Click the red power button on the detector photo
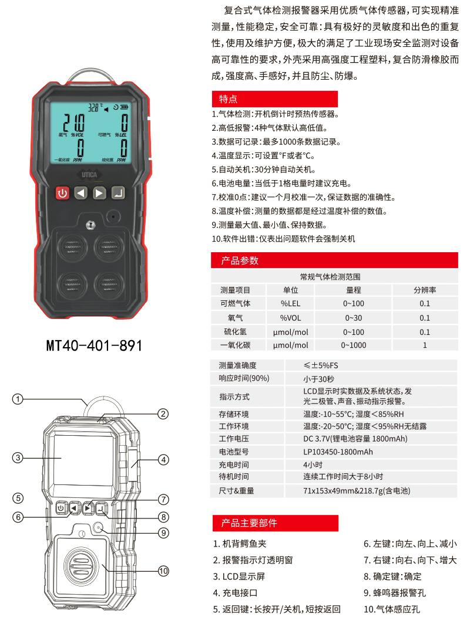[62, 194]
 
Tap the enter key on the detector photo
[118, 193]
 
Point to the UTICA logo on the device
[89, 174]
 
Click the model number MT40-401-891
[94, 345]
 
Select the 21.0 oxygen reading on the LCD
[74, 122]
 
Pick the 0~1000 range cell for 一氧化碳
[353, 345]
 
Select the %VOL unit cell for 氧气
[290, 318]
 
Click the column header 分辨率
[425, 290]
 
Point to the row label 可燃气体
[235, 303]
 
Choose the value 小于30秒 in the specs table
[318, 379]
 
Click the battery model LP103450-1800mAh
[338, 452]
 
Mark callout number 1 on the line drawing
[18, 399]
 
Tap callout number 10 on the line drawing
[163, 571]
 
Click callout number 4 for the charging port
[163, 460]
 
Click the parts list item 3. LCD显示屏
[239, 576]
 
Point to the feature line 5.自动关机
[264, 169]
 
